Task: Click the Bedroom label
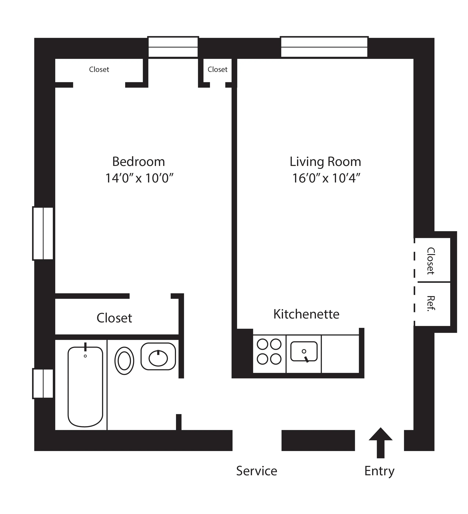(x=138, y=162)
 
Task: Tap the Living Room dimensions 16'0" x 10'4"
(x=326, y=178)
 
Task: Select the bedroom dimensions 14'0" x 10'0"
(x=139, y=178)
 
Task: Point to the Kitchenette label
(x=306, y=314)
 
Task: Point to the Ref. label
(x=431, y=303)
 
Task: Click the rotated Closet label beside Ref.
(x=431, y=261)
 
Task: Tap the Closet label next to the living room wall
(x=217, y=69)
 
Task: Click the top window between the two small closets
(x=173, y=47)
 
